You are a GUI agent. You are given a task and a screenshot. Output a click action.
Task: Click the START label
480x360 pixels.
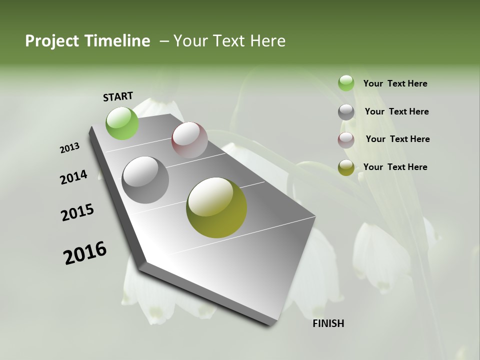coord(118,96)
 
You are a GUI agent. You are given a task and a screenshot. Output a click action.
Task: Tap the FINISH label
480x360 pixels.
coord(328,323)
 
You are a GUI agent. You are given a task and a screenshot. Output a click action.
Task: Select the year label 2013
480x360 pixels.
coord(69,148)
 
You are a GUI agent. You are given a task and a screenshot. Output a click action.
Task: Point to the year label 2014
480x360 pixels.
coord(73,177)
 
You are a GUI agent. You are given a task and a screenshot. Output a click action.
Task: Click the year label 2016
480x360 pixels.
coord(85,253)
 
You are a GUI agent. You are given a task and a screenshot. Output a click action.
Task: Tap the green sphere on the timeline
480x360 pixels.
coord(122,123)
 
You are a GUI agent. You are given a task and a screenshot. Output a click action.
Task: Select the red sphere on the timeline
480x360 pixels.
coord(189,140)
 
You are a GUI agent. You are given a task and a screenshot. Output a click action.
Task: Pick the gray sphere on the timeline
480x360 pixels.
coord(145,180)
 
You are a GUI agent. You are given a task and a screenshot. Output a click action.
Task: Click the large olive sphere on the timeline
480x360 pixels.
coord(216,207)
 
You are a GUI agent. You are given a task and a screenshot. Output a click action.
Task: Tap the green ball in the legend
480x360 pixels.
coord(346,83)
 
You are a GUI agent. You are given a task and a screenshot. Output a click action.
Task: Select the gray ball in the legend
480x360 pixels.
coord(346,112)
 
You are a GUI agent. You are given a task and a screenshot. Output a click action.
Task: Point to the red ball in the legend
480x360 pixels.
coord(346,140)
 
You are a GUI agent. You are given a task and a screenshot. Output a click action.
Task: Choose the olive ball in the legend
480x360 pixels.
coord(346,167)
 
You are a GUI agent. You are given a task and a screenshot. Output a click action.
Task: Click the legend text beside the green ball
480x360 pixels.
coord(395,83)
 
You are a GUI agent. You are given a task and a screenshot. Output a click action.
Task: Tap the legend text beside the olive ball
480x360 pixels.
coord(395,167)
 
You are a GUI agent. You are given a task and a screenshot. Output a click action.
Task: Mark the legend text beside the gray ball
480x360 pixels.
coord(396,111)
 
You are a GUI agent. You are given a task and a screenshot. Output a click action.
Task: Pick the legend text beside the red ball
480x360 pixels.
coord(397,139)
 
